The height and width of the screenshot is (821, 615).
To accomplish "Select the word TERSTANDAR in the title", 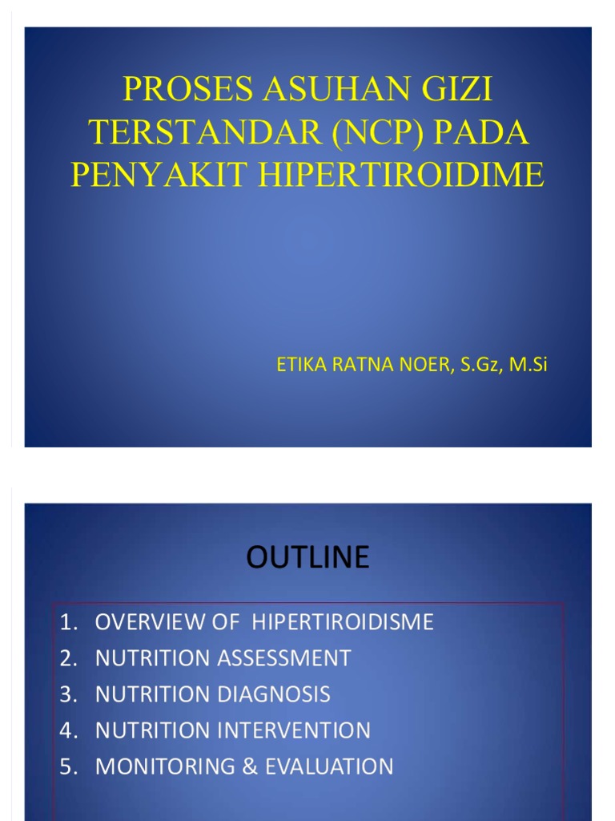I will (195, 132).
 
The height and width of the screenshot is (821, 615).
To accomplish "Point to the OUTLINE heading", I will (307, 556).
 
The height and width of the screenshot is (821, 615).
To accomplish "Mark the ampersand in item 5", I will (249, 766).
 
